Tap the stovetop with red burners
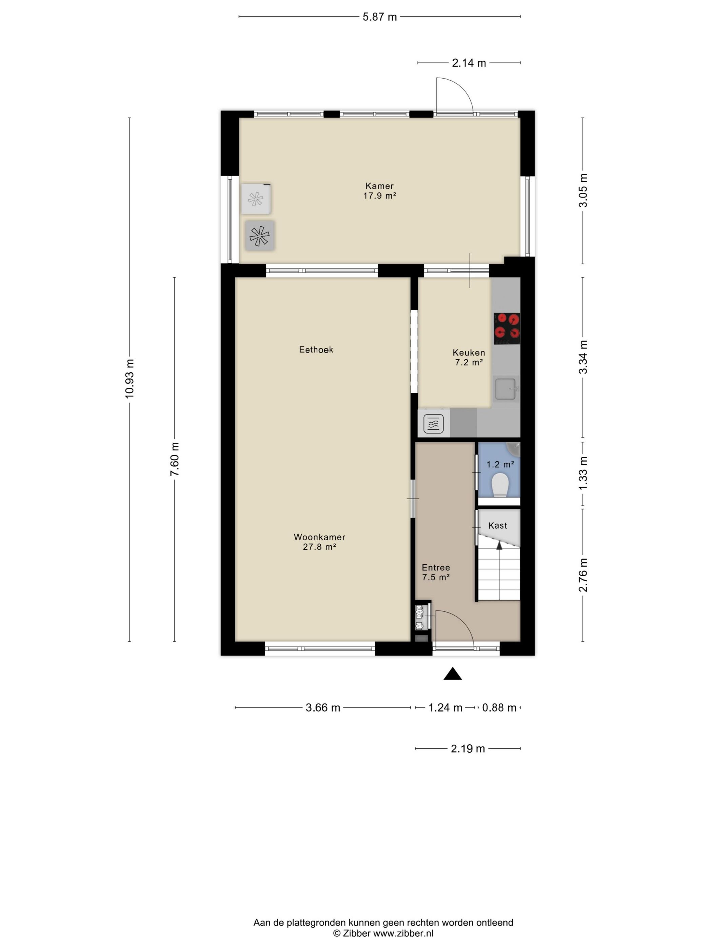507,328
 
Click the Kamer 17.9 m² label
379,190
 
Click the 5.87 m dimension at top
380,17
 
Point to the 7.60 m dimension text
174,459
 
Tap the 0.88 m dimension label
499,707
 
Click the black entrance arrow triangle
452,674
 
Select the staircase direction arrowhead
499,545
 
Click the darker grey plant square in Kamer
260,236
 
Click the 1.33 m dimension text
583,473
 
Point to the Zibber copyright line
383,933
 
